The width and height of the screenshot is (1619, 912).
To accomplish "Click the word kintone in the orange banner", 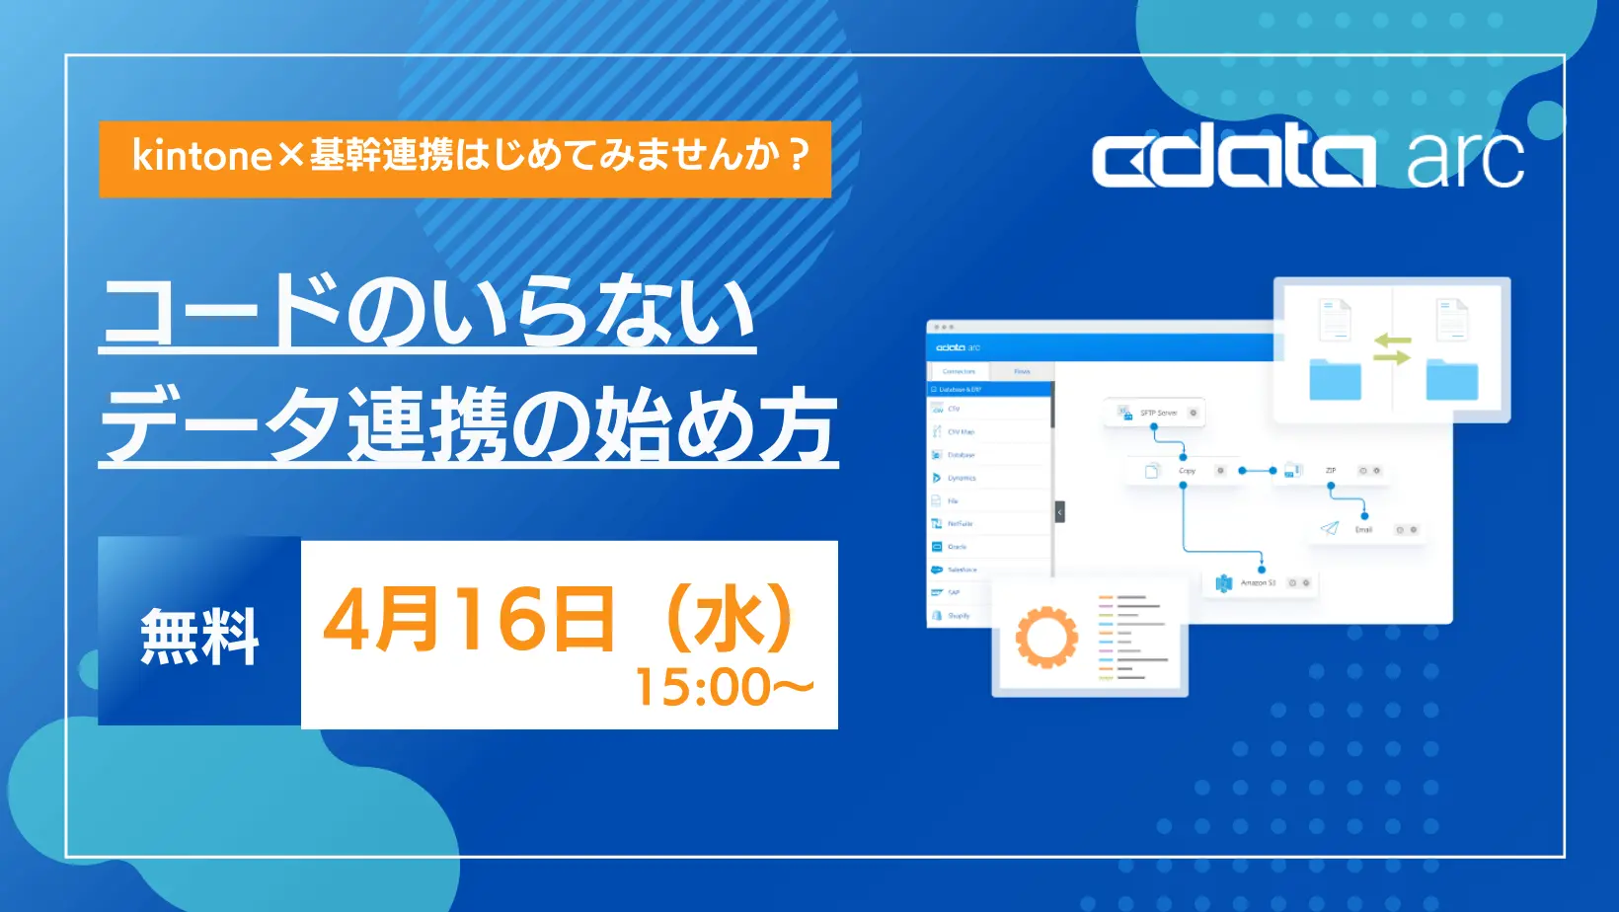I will pos(201,156).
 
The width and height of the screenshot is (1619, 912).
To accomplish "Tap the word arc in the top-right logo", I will pos(1465,159).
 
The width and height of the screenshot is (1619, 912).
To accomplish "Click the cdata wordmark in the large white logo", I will pos(1232,160).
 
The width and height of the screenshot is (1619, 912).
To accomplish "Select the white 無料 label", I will pos(199,637).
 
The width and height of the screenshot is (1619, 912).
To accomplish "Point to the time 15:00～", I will pos(724,687).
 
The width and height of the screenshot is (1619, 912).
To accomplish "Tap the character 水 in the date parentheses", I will pos(730,620).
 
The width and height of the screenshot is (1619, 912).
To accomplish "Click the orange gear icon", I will pos(1046,637).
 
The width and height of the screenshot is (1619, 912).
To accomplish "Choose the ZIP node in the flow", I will pos(1330,471).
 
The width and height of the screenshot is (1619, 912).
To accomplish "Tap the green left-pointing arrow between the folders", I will pos(1392,341).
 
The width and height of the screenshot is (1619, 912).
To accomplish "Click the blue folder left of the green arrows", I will pos(1335,380).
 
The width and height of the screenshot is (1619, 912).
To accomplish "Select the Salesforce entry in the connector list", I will pos(961,570).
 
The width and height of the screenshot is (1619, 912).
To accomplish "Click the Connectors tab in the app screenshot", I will pos(959,371).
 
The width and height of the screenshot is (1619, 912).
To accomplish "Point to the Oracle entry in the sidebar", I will pos(956,547).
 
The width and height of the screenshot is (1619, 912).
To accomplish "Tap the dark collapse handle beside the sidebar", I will pos(1060,512).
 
